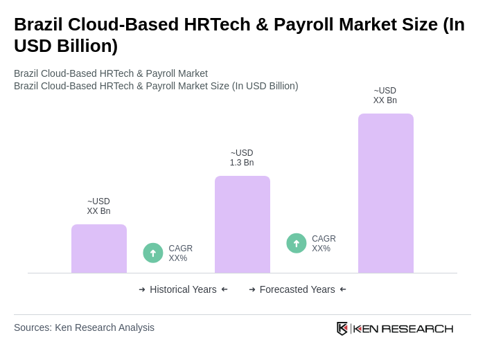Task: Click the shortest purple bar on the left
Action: tap(99, 249)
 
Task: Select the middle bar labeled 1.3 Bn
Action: tap(242, 224)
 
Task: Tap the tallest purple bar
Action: tap(385, 193)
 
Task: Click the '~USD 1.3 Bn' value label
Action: tap(242, 158)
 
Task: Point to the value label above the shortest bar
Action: tap(98, 206)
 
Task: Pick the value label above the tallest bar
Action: tap(385, 96)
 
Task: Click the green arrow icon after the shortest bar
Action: tap(153, 253)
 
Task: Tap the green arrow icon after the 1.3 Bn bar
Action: tap(297, 243)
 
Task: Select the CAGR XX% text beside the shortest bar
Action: tap(180, 253)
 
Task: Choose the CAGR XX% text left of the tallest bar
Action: tap(324, 244)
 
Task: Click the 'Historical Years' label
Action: tap(183, 289)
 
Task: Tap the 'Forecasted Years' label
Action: tap(297, 289)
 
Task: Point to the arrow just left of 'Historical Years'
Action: tap(142, 289)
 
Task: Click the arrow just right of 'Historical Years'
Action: tap(224, 289)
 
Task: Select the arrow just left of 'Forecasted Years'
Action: tap(252, 289)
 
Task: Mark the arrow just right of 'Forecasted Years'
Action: tap(343, 289)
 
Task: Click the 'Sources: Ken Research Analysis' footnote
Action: tap(84, 327)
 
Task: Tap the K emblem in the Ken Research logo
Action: tap(342, 328)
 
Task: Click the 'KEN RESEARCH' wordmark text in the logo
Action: tap(403, 329)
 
